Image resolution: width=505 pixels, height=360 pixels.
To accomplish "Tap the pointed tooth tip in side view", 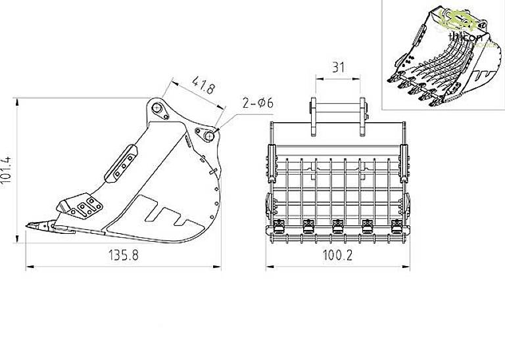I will pyautogui.click(x=30, y=227).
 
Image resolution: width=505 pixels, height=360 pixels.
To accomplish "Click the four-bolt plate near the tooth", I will pyautogui.click(x=85, y=208).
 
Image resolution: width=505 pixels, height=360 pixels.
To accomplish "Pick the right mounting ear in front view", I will pyautogui.click(x=362, y=117).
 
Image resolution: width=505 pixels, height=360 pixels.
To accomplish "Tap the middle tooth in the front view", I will pyautogui.click(x=337, y=227).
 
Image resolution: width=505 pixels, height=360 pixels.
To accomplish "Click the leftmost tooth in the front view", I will pyautogui.click(x=277, y=227).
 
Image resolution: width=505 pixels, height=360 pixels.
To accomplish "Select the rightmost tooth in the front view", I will pyautogui.click(x=396, y=227).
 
